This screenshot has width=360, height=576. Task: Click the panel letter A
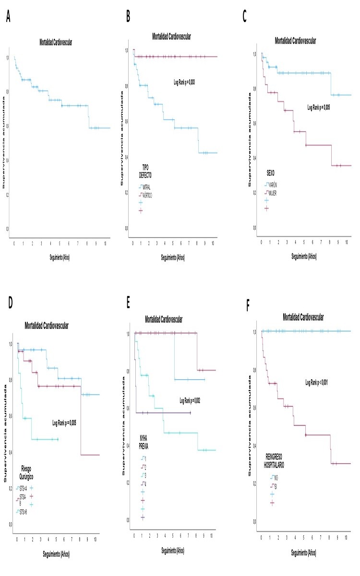(8, 18)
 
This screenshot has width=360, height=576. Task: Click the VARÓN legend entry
(271, 184)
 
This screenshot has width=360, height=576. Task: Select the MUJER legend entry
(271, 192)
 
